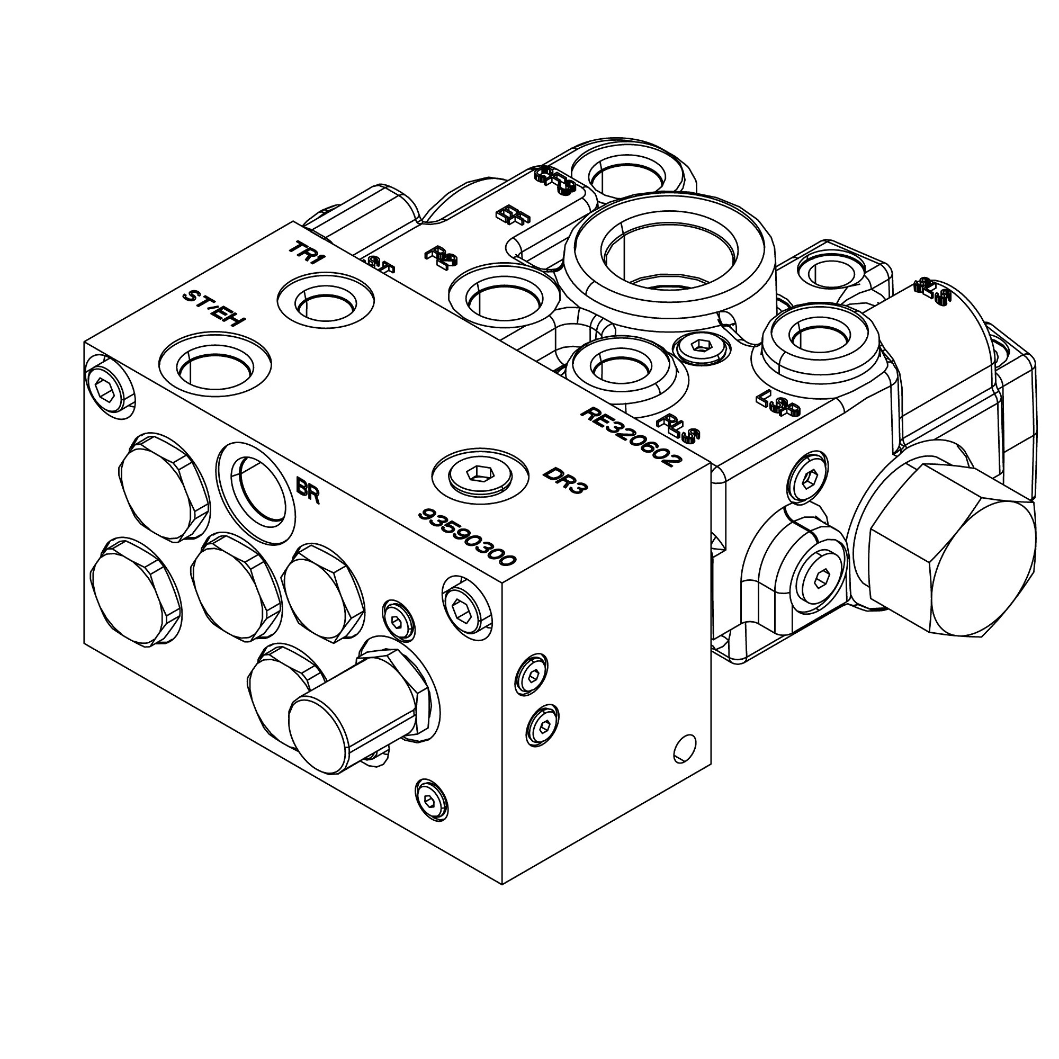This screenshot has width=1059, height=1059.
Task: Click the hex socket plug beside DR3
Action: pos(480,473)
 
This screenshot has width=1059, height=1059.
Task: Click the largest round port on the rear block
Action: pos(670,261)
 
